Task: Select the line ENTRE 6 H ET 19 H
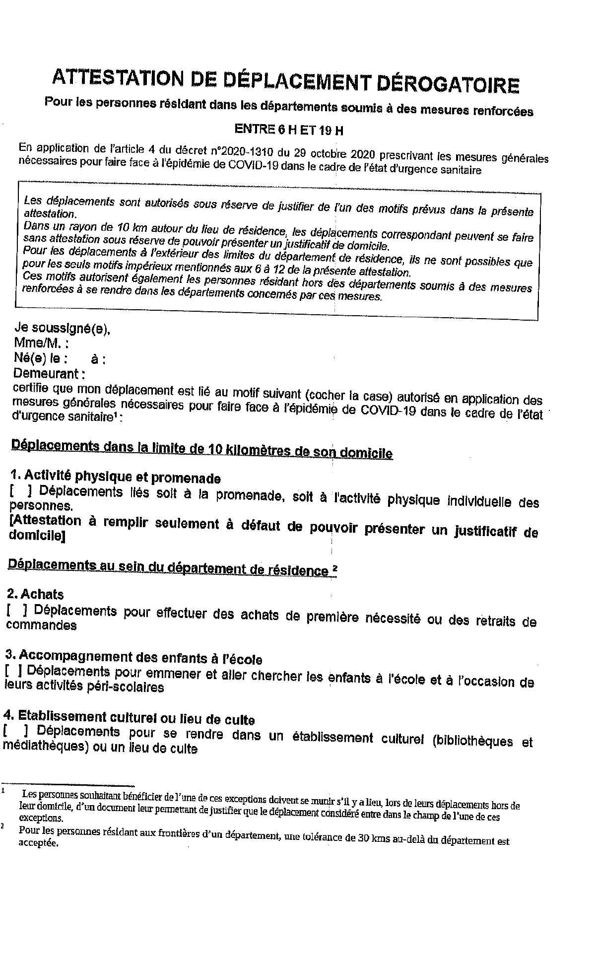pyautogui.click(x=288, y=130)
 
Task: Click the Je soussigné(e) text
pyautogui.click(x=63, y=328)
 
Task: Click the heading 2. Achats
pyautogui.click(x=35, y=594)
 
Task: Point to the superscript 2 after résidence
pyautogui.click(x=335, y=569)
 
